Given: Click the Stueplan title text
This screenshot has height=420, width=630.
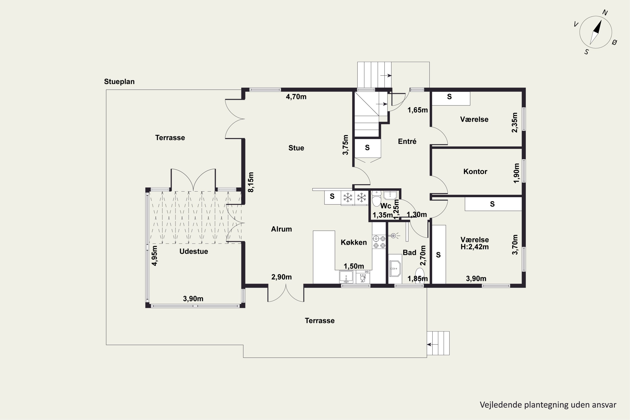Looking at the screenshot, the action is coord(119,82).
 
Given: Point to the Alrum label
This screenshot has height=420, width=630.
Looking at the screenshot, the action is coord(281,229).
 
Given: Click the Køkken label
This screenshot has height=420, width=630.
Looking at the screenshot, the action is coord(354,242).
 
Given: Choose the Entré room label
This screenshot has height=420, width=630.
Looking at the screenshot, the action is coord(407,141).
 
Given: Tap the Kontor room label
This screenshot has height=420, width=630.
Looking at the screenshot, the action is coord(475,171).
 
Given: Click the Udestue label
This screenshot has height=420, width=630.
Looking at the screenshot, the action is coord(194,251).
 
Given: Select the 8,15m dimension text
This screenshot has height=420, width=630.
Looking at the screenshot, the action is coord(251,182).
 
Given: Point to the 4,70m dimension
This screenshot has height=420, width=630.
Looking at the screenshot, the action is coord(296,97).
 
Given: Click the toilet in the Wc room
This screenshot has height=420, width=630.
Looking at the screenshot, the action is coord(376,198).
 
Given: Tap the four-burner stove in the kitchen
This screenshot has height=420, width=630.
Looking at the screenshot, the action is coord(379,242).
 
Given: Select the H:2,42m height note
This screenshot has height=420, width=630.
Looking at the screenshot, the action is coord(475,247).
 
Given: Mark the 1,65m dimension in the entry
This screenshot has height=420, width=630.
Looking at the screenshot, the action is coord(418,110).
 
